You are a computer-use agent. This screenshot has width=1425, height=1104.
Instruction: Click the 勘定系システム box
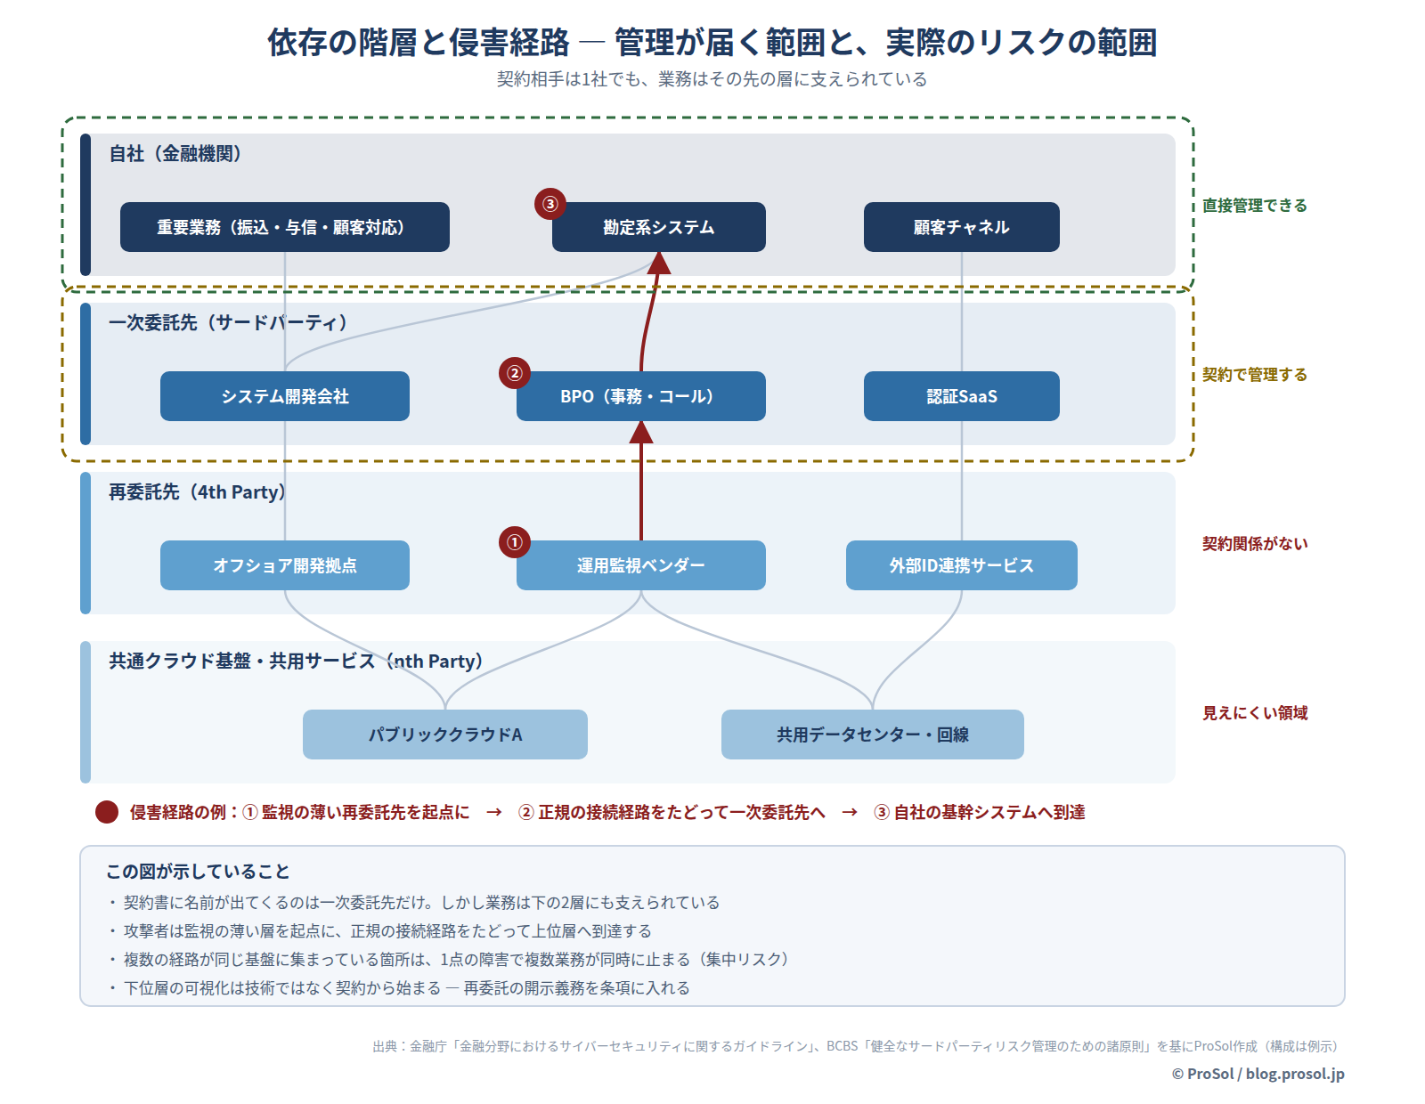(658, 227)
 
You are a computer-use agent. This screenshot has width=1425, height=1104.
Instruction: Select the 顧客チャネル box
(961, 227)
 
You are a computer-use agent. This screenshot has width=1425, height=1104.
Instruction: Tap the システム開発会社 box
(285, 396)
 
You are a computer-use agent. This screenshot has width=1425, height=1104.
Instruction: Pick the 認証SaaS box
(961, 396)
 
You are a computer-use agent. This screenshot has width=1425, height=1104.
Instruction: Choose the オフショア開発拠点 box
(285, 565)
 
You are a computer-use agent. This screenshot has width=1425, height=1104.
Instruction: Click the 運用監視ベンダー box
(640, 565)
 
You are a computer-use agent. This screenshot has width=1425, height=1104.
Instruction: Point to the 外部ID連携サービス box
(961, 565)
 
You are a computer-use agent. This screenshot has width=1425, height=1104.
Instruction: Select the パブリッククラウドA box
(444, 735)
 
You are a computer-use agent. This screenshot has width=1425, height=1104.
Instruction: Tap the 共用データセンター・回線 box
(872, 735)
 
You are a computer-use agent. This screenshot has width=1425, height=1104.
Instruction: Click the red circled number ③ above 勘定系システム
(550, 204)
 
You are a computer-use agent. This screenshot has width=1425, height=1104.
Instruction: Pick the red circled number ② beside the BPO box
(514, 373)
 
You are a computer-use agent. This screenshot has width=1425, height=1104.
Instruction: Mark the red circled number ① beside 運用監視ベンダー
(514, 542)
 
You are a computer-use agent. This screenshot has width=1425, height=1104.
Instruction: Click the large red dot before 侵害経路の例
(106, 812)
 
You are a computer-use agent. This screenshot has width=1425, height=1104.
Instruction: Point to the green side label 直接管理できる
(1254, 205)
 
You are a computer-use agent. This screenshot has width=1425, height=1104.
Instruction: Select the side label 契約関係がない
(1254, 543)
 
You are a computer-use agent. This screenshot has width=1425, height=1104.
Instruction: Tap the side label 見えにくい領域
(1254, 712)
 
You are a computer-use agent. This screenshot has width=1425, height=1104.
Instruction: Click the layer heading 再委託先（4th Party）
(198, 491)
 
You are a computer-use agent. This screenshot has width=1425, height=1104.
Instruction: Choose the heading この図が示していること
(198, 871)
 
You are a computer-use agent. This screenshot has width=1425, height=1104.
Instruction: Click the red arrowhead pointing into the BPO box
(640, 432)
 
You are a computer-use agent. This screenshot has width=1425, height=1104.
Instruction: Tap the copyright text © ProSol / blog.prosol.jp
(1258, 1073)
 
